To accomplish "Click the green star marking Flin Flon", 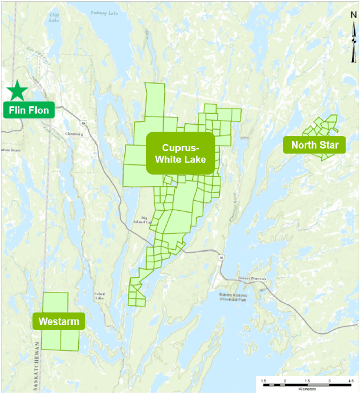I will point(18,91).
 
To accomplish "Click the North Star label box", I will point(314,146).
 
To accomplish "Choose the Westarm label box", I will point(59,321).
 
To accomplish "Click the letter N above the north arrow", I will point(353,15).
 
